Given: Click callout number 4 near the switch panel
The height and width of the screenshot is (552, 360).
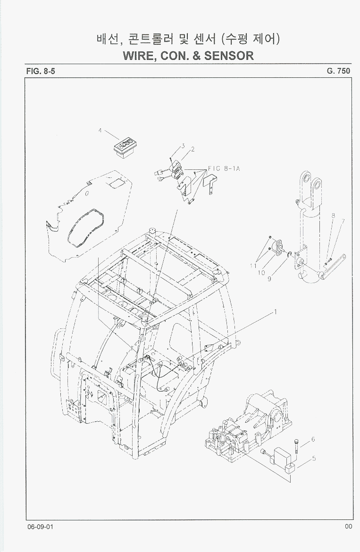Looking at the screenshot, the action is (x=100, y=131).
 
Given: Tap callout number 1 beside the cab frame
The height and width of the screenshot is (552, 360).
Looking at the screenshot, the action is (x=276, y=311).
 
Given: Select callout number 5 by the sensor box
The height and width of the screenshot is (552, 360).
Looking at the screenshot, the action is (x=314, y=459).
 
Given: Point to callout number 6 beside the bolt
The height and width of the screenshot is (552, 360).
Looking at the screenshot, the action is (x=313, y=439).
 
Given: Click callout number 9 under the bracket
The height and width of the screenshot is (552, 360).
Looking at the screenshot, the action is (x=269, y=279).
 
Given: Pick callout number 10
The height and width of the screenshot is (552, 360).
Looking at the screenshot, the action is (x=261, y=273).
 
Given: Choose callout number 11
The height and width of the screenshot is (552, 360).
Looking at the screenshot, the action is (x=253, y=266).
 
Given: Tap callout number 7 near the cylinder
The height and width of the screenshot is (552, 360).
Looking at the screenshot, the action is (x=343, y=222).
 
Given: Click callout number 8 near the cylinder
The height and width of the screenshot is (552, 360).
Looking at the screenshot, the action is (x=333, y=216).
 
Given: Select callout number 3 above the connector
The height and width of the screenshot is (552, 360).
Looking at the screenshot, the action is (x=183, y=145).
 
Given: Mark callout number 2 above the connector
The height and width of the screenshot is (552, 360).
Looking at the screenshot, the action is (x=193, y=149).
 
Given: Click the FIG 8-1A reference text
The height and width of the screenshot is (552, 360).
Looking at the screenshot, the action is (x=224, y=168).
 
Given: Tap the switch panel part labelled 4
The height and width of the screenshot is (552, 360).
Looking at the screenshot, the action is (x=125, y=149).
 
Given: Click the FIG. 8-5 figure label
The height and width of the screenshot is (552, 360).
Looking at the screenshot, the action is (x=41, y=71).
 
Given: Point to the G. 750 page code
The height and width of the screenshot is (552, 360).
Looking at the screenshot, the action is (x=338, y=71).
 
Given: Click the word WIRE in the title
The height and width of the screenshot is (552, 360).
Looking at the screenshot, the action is (x=138, y=56).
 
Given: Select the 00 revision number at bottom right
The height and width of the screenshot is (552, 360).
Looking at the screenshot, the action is (x=348, y=527).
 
